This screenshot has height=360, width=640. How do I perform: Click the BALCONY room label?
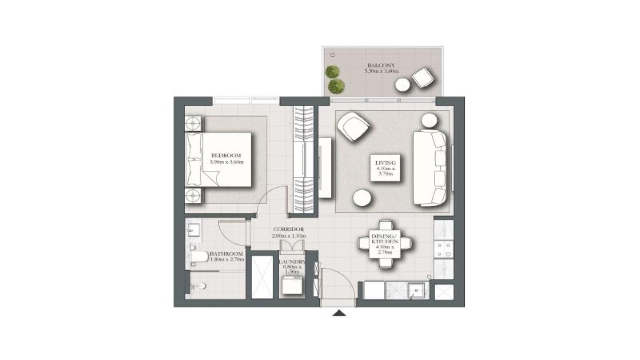click(x=381, y=65)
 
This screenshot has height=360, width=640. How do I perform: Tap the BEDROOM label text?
click(x=226, y=156)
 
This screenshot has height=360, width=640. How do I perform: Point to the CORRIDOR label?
click(x=289, y=230)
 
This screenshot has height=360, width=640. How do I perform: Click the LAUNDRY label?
click(x=292, y=262)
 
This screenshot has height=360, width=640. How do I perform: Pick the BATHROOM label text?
click(x=227, y=253)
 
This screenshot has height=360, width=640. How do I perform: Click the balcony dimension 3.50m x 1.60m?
click(x=381, y=71)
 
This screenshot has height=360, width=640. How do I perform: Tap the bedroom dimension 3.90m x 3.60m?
click(x=227, y=162)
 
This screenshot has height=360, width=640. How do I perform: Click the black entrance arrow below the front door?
click(x=339, y=313)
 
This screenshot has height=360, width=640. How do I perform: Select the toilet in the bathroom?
click(x=199, y=256)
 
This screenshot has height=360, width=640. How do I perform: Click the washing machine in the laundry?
click(x=293, y=285)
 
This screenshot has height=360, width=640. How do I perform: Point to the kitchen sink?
click(x=417, y=291)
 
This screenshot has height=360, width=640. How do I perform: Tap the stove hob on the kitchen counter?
click(x=443, y=249)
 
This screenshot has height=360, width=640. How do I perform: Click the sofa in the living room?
click(x=429, y=168)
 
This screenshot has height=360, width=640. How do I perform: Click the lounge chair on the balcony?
click(x=423, y=77)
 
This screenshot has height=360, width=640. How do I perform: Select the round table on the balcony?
click(x=402, y=85)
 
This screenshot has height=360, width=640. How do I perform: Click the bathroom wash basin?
click(x=193, y=230)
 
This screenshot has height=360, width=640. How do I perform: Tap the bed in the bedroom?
click(x=219, y=159)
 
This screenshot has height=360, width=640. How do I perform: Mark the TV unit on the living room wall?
click(x=325, y=167)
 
